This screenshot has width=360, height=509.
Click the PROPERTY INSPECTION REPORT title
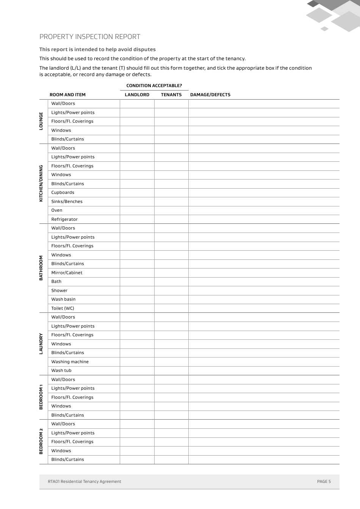pyautogui.click(x=90, y=37)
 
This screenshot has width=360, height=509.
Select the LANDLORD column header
pyautogui.click(x=137, y=95)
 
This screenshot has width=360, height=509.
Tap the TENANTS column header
pyautogui.click(x=171, y=95)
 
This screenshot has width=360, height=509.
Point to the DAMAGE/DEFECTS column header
pyautogui.click(x=210, y=95)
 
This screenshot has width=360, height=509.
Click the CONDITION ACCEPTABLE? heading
pyautogui.click(x=154, y=86)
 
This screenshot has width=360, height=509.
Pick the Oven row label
pyautogui.click(x=57, y=210)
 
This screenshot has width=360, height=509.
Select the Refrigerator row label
pyautogui.click(x=64, y=219)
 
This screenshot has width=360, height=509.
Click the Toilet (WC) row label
pyautogui.click(x=63, y=308)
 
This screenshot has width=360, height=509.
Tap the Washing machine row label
pyautogui.click(x=70, y=362)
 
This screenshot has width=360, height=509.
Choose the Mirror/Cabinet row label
pyautogui.click(x=67, y=273)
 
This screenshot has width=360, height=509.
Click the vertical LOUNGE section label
pyautogui.click(x=41, y=121)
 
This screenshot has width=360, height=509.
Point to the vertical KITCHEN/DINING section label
pyautogui.click(x=41, y=183)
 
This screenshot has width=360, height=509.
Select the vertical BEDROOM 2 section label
pyautogui.click(x=41, y=441)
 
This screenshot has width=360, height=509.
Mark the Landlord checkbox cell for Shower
pyautogui.click(x=137, y=290)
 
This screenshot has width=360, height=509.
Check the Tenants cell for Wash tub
pyautogui.click(x=171, y=370)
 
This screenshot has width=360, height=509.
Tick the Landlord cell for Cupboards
pyautogui.click(x=137, y=192)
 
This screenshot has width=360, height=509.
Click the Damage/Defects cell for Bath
pyautogui.click(x=264, y=281)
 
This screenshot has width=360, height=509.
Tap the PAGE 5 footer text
pyautogui.click(x=324, y=481)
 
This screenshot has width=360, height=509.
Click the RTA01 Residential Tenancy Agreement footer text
pyautogui.click(x=85, y=481)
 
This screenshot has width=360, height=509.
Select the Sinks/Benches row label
pyautogui.click(x=67, y=201)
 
